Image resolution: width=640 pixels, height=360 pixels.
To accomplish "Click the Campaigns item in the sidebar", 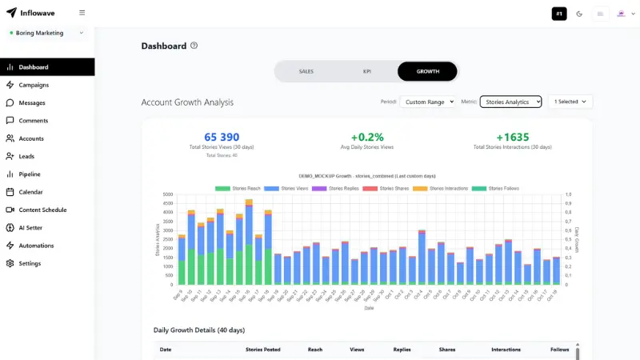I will tap(34, 85).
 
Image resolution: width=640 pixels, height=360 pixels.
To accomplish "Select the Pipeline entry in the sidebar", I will tap(30, 174).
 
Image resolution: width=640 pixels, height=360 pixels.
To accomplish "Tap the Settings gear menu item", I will tap(30, 263).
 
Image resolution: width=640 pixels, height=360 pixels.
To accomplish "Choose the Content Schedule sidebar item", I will tap(42, 210).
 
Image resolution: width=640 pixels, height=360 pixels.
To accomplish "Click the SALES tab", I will tap(306, 71).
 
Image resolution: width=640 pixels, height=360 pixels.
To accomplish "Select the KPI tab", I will tap(366, 71).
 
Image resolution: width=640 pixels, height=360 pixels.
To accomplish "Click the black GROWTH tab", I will tap(427, 71).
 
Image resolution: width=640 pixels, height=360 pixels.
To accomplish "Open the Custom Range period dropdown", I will tap(427, 102).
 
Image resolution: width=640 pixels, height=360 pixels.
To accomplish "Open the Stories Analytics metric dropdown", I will tap(510, 102).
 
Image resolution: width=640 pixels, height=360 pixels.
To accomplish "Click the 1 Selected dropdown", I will tap(570, 102).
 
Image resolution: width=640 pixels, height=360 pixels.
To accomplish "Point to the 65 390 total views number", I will tap(222, 138).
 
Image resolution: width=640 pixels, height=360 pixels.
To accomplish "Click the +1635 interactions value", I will tap(512, 138).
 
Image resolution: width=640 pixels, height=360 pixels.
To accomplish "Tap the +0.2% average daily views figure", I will tap(367, 138).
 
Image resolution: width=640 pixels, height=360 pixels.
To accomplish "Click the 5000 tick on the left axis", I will tap(167, 194).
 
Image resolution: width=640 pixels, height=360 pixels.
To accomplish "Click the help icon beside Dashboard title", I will tap(194, 46).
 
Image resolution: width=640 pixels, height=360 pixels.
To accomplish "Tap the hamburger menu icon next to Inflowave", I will tap(82, 13).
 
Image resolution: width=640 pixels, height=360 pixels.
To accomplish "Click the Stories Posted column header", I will tap(262, 350).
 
